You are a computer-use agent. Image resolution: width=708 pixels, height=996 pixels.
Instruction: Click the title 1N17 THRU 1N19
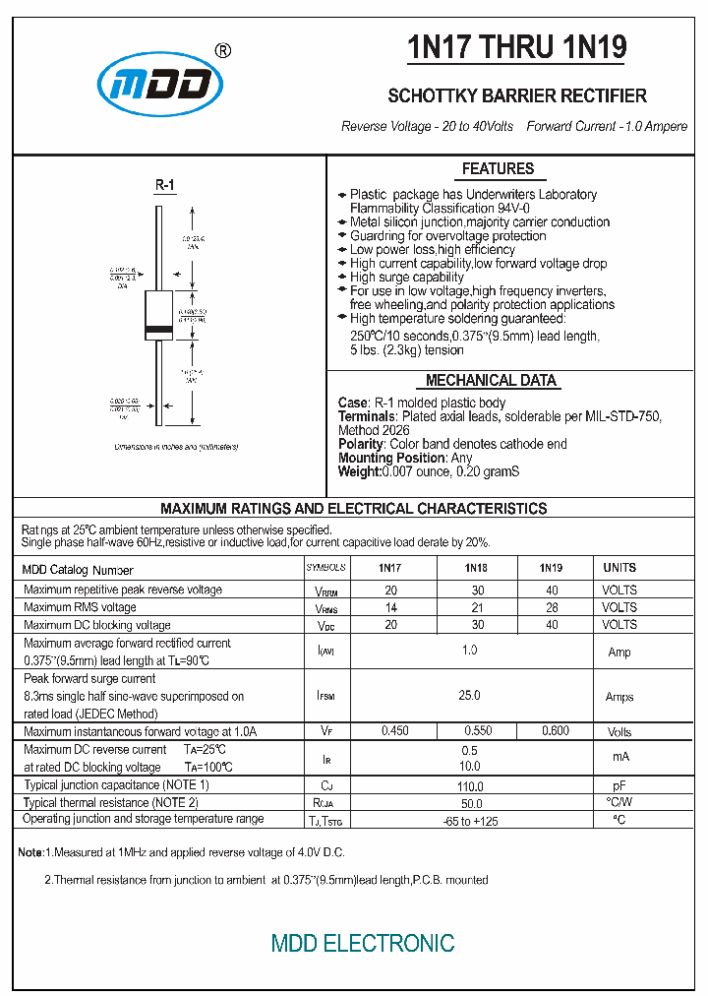coord(517,47)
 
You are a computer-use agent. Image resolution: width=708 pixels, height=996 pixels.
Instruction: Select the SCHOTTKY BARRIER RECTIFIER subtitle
coord(517,95)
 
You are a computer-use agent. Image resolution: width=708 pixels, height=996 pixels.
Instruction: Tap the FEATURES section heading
coord(498,168)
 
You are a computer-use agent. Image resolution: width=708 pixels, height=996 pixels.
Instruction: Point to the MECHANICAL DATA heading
coord(491,380)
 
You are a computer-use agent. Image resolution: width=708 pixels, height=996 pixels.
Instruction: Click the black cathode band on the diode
coord(157,326)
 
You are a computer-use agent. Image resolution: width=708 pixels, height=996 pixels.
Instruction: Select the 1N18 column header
coord(476,568)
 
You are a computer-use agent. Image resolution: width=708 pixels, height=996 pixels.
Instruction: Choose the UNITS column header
coord(619,568)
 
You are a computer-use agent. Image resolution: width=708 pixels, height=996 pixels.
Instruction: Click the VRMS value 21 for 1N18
coord(476,607)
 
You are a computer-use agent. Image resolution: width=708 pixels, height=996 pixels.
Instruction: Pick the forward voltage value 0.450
coord(395,731)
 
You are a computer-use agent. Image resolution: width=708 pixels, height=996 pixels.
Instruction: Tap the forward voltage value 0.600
coord(556,731)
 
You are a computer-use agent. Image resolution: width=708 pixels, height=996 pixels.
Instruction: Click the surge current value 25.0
coord(470,696)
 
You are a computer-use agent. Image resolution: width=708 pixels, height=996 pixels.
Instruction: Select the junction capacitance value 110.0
coord(470,786)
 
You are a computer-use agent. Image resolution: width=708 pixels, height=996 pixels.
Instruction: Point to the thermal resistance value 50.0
coord(470,803)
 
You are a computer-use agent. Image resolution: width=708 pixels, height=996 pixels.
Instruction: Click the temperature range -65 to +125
coord(470,820)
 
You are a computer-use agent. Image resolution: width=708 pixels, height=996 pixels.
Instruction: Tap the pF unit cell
coord(619,786)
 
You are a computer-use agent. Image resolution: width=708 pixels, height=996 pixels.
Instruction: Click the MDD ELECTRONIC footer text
coord(363,943)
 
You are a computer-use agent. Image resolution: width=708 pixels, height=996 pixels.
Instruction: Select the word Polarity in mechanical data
coord(361,444)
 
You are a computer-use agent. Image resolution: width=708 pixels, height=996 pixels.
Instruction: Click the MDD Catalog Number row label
coord(78,570)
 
